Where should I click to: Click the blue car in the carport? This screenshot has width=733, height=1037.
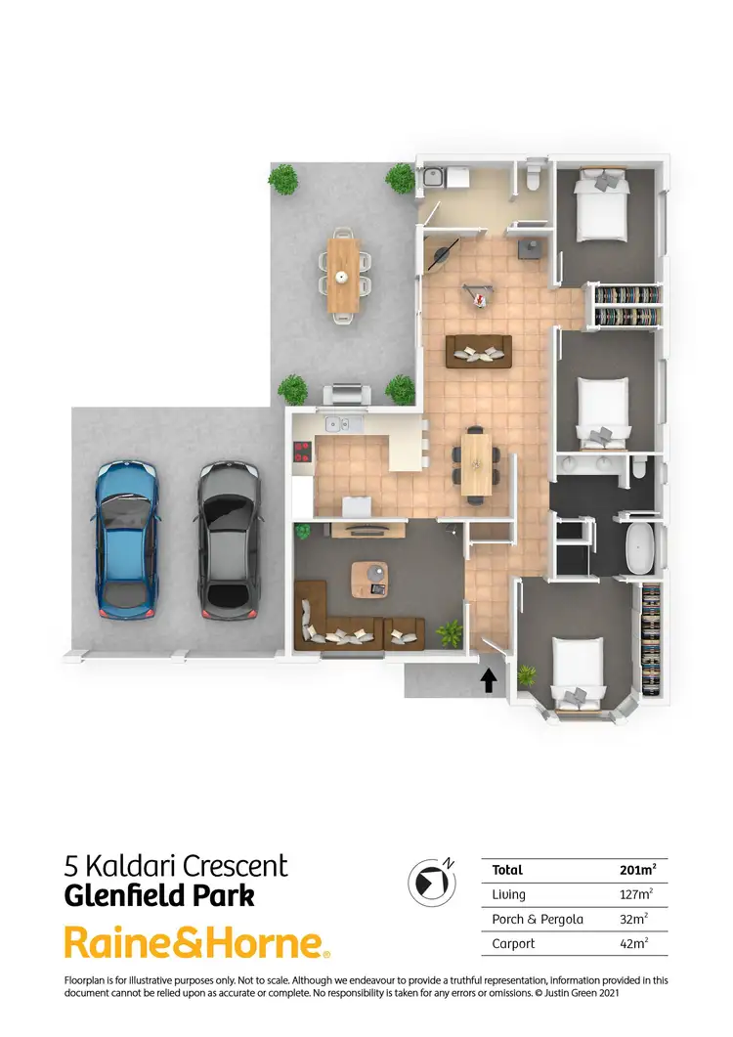[x=127, y=539]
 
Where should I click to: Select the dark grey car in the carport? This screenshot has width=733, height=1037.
[x=227, y=539]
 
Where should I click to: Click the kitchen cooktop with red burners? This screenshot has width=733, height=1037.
[x=302, y=453]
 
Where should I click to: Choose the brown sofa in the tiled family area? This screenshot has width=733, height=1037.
[x=479, y=351]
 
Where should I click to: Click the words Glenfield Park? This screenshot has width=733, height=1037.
[x=160, y=895]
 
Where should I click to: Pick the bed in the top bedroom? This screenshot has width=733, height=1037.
[x=601, y=205]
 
